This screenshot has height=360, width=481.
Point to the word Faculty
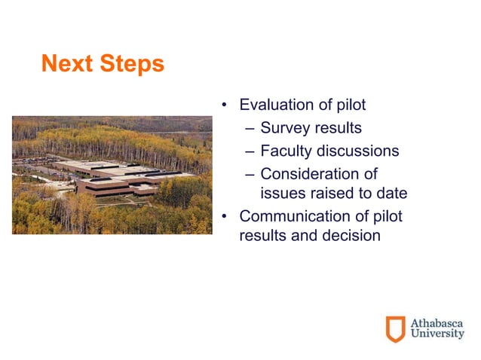[x=287, y=151]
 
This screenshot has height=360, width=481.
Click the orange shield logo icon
[x=395, y=329]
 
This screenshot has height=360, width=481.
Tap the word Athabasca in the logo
[x=437, y=322]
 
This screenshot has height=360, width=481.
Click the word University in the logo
[x=437, y=335]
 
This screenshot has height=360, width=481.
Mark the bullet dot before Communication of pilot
[x=224, y=218]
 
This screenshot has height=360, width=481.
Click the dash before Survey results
[x=251, y=128]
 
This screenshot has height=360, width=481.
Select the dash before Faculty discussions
[x=251, y=151]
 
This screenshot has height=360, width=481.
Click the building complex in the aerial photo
[x=113, y=176]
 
